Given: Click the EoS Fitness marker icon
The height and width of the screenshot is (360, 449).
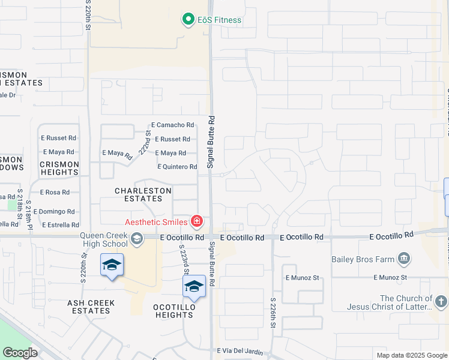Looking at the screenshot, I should click(188, 20).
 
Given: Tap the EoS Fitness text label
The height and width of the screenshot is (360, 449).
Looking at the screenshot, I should click(220, 20).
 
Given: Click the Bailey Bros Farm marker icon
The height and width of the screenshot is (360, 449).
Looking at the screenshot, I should click(405, 259).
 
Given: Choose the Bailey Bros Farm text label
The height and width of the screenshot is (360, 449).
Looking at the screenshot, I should click(364, 259).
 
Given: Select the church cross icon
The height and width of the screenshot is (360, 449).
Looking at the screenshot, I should click(441, 302).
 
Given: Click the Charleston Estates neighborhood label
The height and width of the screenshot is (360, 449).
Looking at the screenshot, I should click(143, 194).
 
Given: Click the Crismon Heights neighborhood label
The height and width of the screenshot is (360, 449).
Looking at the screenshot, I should click(59, 168).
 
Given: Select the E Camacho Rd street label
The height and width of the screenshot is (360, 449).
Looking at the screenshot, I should click(173, 125).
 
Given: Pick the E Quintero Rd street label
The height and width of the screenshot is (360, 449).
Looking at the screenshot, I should click(177, 167).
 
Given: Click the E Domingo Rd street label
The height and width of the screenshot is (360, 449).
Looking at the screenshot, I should click(54, 212).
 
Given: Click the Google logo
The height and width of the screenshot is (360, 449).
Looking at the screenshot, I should click(20, 352).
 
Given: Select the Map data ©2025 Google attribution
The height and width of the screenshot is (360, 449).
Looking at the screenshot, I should click(411, 355).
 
